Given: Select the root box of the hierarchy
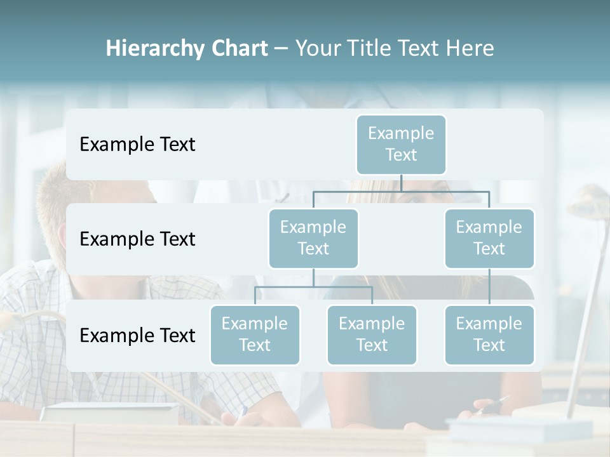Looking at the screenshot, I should click(401, 144).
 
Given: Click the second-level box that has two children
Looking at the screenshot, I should click(313, 238).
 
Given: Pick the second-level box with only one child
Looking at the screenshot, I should click(489, 238).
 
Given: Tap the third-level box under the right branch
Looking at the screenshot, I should click(489, 334).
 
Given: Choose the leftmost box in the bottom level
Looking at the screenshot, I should click(255, 334).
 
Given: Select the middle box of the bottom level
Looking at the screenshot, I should click(372, 334).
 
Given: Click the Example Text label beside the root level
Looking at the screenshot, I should click(137, 145).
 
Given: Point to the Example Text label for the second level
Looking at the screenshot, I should click(137, 239).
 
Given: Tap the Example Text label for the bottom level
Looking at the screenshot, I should click(137, 335).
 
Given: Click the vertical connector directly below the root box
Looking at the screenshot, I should click(401, 183).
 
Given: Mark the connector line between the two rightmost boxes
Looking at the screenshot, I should click(489, 286).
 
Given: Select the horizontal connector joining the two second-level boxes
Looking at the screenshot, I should click(401, 191).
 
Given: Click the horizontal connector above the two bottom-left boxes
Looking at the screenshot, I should click(313, 287).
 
